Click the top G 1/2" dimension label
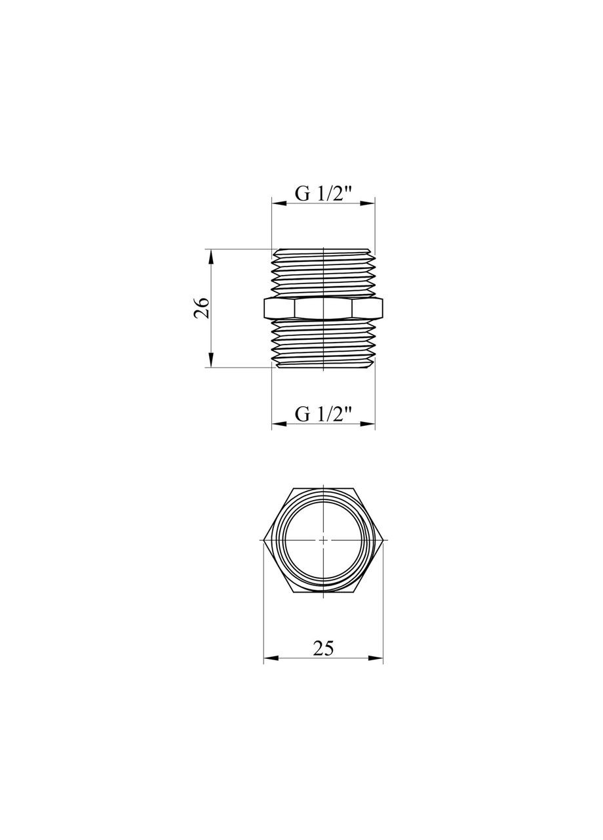[324, 194]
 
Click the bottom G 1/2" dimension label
[324, 414]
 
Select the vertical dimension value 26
[202, 308]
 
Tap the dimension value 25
[323, 648]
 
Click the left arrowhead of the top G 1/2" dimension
[279, 204]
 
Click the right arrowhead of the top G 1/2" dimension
[368, 204]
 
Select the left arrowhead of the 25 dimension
[271, 658]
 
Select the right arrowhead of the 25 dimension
[376, 658]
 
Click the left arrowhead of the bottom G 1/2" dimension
[279, 424]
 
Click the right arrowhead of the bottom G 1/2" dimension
[368, 424]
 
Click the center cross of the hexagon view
[323, 540]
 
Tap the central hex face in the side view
[324, 308]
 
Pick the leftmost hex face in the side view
[279, 308]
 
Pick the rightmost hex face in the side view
[368, 308]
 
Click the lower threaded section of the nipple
[324, 343]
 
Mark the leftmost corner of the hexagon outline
[263, 540]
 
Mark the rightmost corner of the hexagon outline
[383, 540]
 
